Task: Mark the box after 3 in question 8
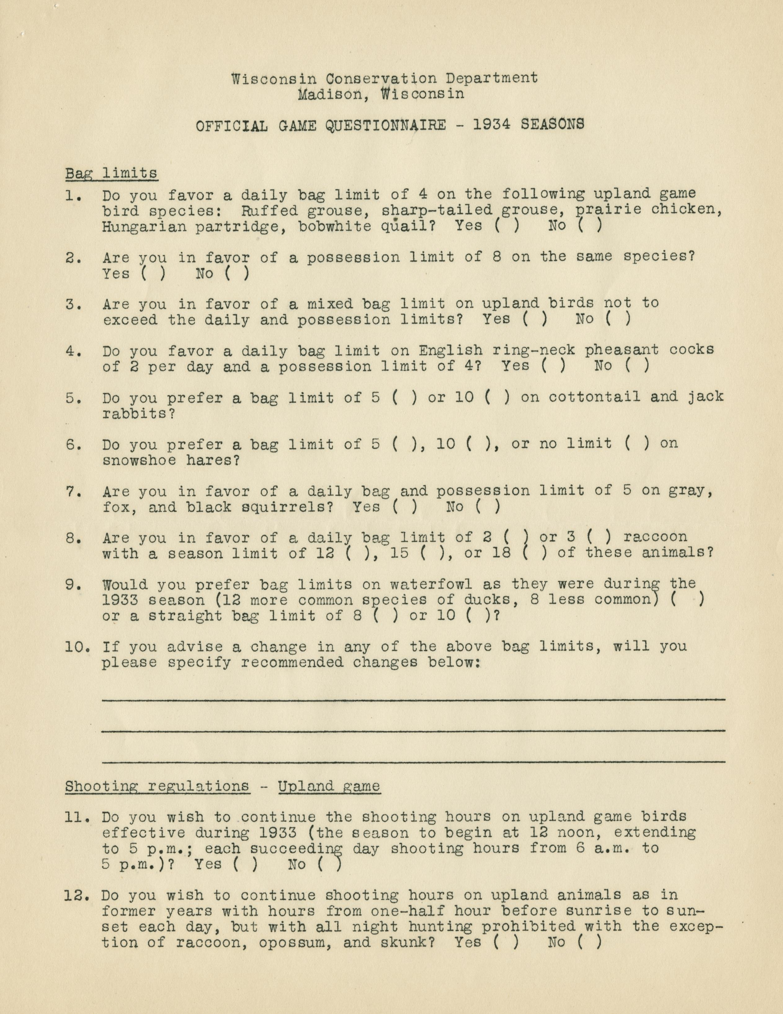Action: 603,537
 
